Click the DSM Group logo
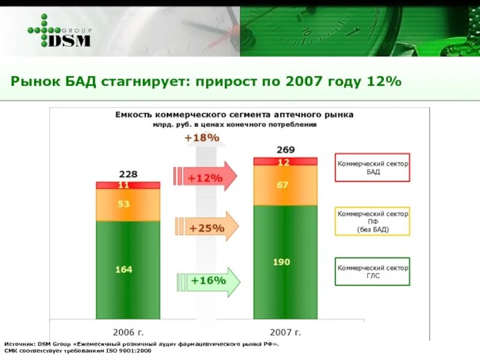59,31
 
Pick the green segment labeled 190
285,262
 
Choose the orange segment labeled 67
285,185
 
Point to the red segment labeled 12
285,161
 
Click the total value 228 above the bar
128,174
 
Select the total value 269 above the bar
285,149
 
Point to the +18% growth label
202,138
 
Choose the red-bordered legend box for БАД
372,167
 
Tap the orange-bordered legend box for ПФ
372,221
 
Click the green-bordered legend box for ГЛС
372,272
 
